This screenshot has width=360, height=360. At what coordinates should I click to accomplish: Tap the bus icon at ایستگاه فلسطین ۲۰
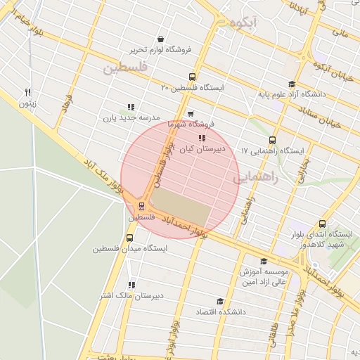click(192, 77)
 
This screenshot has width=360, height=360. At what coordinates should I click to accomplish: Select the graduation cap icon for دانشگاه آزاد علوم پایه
click(291, 83)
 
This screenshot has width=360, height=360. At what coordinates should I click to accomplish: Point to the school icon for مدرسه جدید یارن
click(131, 106)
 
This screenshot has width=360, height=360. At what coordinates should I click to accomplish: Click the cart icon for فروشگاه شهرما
click(190, 113)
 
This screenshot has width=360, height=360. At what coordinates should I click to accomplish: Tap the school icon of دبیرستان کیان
click(202, 138)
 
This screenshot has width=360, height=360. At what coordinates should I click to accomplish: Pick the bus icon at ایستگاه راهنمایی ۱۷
click(273, 140)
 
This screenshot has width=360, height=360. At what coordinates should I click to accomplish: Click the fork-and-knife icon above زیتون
click(28, 91)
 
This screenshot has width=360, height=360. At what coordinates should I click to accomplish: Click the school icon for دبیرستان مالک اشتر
click(131, 285)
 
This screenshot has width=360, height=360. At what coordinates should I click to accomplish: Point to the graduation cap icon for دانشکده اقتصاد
click(219, 301)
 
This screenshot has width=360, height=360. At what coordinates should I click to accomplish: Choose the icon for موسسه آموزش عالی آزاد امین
click(264, 261)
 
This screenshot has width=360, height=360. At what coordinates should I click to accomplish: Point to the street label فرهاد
click(67, 103)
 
